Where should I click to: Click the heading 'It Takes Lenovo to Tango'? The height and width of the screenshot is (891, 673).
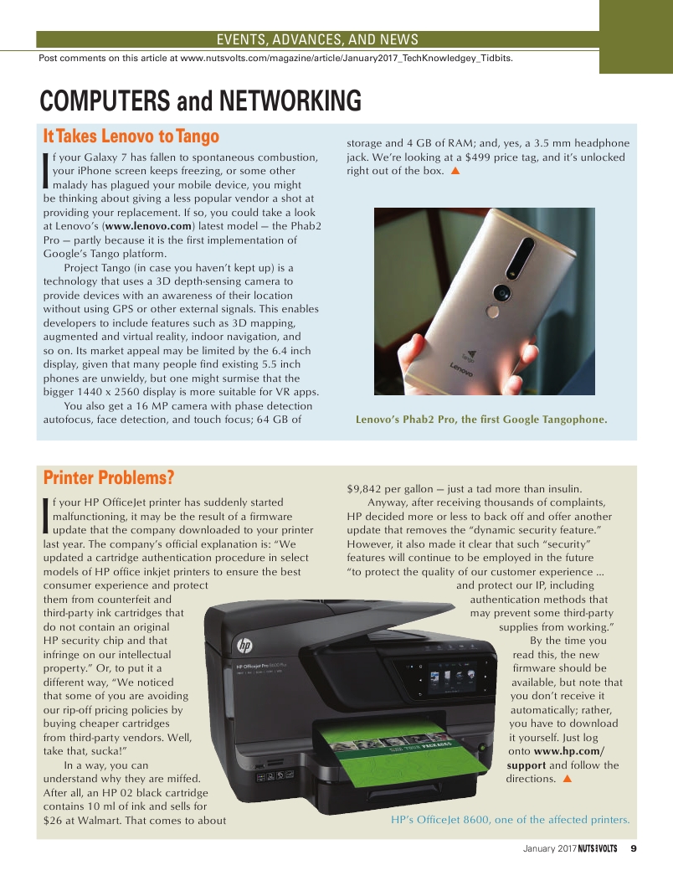point(131,136)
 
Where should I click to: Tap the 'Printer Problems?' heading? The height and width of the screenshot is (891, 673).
point(109,478)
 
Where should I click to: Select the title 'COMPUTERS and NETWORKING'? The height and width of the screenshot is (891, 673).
point(201,101)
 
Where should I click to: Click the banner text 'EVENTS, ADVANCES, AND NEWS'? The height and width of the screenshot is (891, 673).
point(317,39)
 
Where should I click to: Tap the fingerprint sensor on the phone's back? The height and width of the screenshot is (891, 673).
point(492,312)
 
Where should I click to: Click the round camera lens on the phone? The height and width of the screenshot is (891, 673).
point(502,292)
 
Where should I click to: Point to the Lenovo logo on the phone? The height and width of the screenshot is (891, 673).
point(460,368)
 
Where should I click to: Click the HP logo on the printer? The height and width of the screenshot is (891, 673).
point(244,646)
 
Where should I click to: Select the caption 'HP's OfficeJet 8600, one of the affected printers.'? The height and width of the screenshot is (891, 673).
point(510,820)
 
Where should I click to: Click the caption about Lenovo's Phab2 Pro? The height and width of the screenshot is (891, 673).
point(481,420)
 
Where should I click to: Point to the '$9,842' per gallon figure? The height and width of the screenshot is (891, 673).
point(364,489)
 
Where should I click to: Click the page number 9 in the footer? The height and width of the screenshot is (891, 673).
point(634,848)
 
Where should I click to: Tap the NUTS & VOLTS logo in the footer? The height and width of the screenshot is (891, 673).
point(598,848)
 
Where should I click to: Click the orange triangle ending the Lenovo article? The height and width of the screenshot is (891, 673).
point(455,171)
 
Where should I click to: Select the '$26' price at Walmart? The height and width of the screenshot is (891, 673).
point(53,821)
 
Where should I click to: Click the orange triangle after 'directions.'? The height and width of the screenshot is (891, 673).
point(566,779)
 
